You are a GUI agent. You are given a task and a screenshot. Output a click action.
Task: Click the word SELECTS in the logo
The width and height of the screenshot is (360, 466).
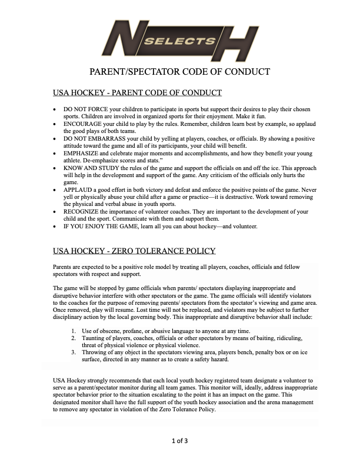tap(179, 41)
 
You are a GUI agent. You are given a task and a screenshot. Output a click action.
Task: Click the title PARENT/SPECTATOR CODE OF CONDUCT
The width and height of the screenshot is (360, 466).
tap(179, 72)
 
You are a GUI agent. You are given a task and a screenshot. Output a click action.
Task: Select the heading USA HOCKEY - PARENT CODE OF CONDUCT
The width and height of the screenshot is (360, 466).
tap(137, 93)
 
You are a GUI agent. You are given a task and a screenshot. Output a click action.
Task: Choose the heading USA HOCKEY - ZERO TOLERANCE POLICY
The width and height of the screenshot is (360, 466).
tap(134, 251)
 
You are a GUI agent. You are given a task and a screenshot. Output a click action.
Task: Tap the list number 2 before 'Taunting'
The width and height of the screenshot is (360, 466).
tap(73, 338)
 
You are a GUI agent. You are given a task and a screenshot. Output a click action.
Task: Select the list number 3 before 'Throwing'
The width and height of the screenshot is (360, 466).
tap(73, 352)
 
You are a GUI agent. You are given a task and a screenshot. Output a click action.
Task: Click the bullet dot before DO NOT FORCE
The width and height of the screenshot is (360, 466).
tap(55, 110)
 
